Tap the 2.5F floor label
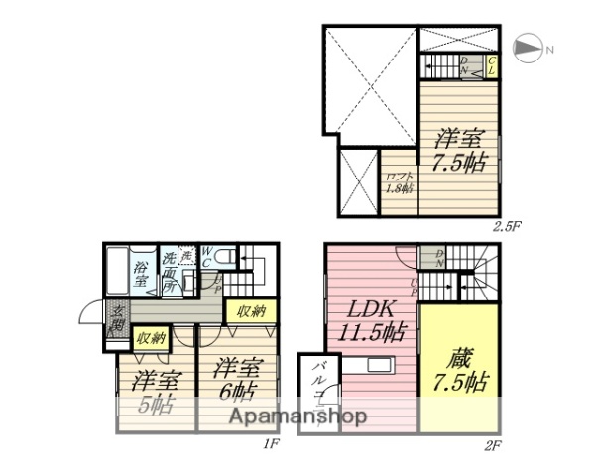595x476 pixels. [507, 226]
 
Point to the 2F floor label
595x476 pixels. [492, 444]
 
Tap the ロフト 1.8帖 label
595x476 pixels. [399, 182]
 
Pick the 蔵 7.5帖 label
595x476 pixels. [457, 367]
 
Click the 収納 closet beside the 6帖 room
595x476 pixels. [251, 312]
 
